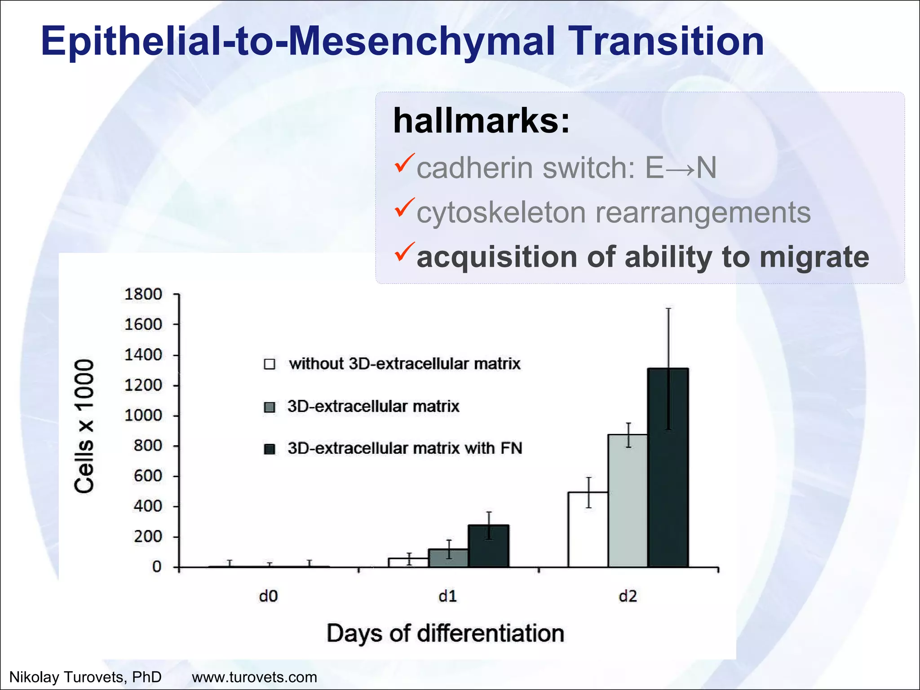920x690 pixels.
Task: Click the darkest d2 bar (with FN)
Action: (x=668, y=467)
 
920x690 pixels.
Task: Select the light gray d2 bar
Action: (x=628, y=500)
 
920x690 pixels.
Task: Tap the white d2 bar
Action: (x=588, y=530)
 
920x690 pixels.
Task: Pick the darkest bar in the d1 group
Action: (x=488, y=546)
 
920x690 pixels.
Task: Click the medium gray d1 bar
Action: (x=448, y=558)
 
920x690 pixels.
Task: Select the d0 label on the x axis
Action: (x=269, y=596)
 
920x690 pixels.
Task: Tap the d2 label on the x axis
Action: (x=628, y=596)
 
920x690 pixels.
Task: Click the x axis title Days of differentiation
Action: (x=445, y=633)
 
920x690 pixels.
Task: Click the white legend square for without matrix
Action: (x=270, y=364)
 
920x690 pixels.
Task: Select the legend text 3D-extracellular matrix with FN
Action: (x=405, y=448)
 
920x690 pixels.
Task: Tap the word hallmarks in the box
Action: (x=481, y=121)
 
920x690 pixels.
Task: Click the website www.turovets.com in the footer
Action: (x=254, y=677)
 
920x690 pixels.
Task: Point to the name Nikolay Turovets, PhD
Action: (x=85, y=677)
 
